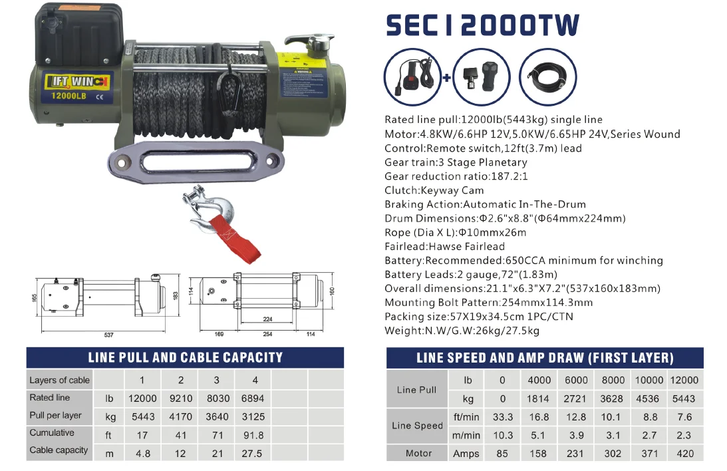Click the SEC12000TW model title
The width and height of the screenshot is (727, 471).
[482, 25]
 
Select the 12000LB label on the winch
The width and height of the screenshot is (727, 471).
[64, 96]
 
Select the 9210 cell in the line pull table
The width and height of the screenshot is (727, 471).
[181, 398]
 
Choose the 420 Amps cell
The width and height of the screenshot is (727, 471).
[684, 453]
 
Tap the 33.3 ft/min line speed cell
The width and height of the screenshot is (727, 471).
[502, 417]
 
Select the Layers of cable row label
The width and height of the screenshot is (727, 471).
[59, 380]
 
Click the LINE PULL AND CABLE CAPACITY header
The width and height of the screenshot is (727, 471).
[185, 357]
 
